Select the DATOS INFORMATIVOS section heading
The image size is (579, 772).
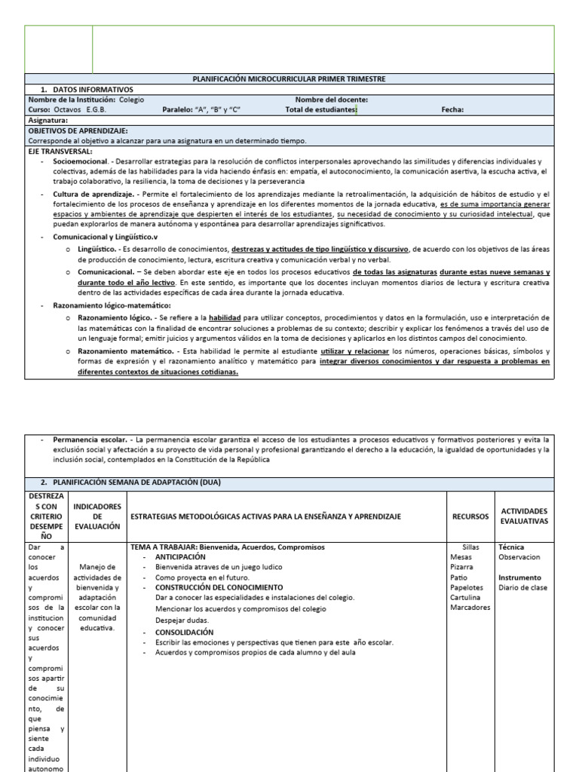[x=87, y=89]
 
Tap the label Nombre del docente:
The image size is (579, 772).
[x=331, y=100]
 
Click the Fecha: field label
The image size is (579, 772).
[x=452, y=109]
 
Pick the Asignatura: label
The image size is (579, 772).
[x=48, y=120]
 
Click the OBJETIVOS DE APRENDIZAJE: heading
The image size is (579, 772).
[x=78, y=130]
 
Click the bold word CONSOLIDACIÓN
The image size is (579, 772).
[x=184, y=632]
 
